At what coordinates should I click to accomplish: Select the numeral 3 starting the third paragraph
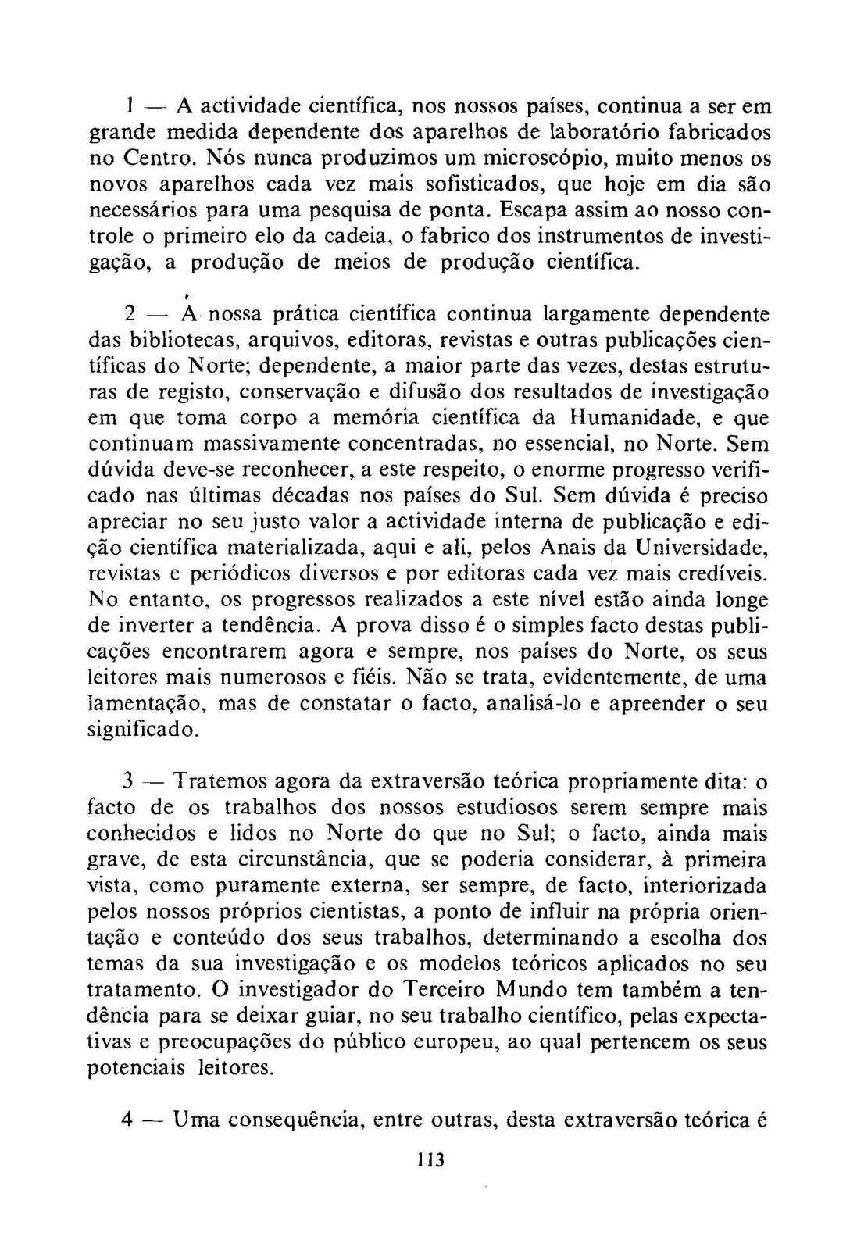130,781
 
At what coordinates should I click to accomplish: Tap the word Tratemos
221,781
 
